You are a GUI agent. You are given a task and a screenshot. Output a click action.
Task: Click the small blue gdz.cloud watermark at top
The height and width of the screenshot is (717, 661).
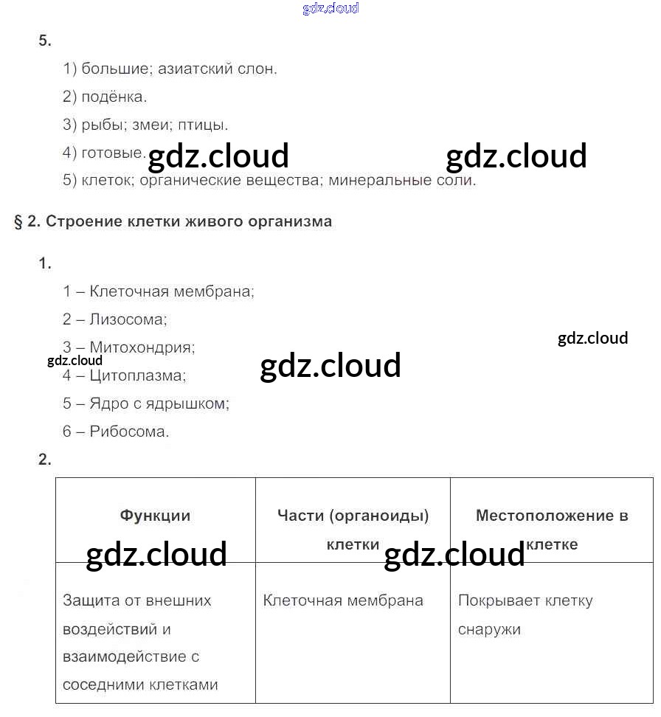330,9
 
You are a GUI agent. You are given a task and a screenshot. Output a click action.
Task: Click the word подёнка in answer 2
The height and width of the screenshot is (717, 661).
114,97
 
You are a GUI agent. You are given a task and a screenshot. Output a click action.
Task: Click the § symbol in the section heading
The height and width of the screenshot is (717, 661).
19,221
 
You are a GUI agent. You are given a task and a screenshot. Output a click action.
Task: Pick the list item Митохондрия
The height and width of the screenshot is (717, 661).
142,347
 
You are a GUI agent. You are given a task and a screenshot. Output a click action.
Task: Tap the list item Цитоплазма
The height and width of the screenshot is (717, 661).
137,375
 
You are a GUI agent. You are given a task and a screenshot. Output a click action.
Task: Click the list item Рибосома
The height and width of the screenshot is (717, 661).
129,432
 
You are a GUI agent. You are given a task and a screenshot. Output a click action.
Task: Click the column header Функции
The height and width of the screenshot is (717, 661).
155,516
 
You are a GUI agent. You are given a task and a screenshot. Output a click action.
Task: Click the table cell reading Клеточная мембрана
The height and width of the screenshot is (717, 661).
343,600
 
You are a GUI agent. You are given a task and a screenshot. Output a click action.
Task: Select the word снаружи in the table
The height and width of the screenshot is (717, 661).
489,629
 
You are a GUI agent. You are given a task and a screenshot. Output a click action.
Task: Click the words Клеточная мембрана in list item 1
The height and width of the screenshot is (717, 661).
171,291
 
